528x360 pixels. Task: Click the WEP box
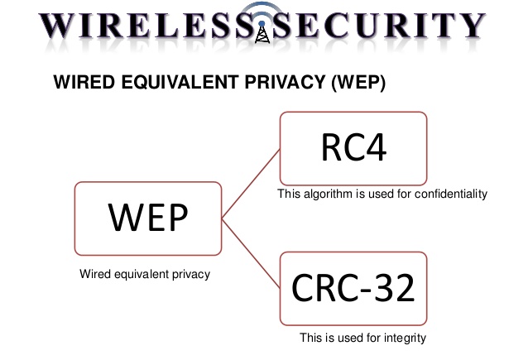point(148,218)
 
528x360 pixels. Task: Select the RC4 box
point(353,148)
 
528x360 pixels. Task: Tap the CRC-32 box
point(353,288)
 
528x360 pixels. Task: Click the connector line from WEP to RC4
point(252,183)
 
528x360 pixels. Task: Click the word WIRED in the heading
point(79,83)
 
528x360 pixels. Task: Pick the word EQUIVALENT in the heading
point(166,83)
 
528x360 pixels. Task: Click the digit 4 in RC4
point(374,148)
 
